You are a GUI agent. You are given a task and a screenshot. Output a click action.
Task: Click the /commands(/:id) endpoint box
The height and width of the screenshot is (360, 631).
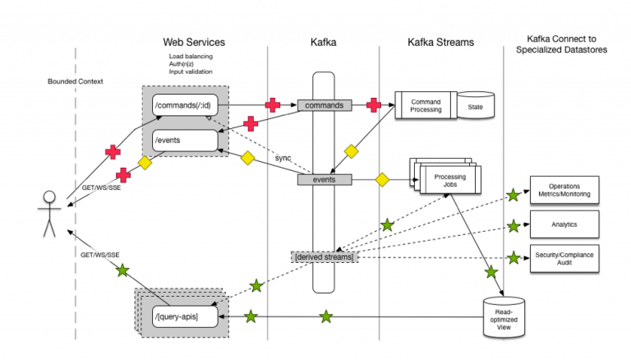(x=185, y=105)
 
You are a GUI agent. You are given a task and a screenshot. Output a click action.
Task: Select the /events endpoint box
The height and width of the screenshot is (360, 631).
(x=185, y=140)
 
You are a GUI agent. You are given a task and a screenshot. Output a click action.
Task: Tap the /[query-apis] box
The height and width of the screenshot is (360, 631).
(x=185, y=316)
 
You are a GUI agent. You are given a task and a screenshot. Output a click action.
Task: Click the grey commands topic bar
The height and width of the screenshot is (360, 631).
(x=325, y=105)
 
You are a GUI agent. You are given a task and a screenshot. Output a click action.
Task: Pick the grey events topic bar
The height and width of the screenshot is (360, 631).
(x=325, y=180)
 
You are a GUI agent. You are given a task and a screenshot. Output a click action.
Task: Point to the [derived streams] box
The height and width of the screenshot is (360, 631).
(x=325, y=257)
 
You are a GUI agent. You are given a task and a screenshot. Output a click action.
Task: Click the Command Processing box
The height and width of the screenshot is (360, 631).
(x=426, y=105)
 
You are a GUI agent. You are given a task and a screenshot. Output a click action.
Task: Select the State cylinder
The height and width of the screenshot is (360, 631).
(x=475, y=105)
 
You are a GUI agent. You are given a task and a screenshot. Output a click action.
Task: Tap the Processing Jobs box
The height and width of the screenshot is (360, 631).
(x=450, y=180)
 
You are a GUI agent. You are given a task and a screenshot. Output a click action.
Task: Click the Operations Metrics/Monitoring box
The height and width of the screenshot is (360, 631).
(x=564, y=190)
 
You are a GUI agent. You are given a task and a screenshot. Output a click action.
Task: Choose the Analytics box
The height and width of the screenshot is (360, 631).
(x=564, y=224)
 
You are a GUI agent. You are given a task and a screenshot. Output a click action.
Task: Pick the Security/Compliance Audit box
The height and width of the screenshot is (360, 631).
(x=564, y=259)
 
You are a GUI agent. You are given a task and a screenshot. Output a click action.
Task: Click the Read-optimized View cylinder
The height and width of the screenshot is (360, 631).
(x=504, y=318)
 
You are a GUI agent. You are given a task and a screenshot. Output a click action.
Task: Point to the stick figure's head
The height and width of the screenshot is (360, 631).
(x=49, y=196)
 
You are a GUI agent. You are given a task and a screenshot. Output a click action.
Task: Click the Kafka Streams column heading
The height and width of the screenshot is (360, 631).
(x=440, y=42)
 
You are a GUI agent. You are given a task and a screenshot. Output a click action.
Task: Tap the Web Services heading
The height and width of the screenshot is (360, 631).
(x=194, y=42)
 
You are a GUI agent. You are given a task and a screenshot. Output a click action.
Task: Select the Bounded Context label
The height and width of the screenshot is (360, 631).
(x=76, y=81)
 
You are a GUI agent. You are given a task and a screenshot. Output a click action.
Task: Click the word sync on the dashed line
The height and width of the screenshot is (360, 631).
(x=283, y=158)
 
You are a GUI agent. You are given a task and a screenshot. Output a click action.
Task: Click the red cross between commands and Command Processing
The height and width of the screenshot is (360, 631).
(x=374, y=105)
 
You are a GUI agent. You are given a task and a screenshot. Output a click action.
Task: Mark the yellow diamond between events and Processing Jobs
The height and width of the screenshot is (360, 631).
(x=382, y=180)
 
